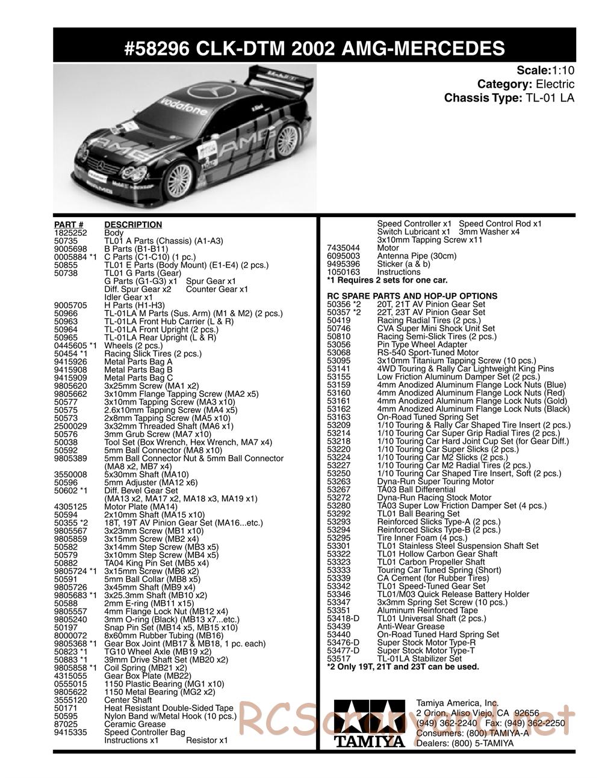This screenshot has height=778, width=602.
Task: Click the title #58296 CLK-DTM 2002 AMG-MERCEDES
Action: (315, 48)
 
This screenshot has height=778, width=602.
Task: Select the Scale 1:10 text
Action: (545, 70)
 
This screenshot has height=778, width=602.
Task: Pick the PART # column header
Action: (68, 225)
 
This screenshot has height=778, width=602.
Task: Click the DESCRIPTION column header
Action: (133, 225)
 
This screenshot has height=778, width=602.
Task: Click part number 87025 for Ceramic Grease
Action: (66, 724)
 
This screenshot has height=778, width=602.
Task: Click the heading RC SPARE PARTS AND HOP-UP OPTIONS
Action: (412, 296)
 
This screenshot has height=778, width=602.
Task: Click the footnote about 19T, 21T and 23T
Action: (403, 667)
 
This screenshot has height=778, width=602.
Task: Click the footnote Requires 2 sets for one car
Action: (387, 280)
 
